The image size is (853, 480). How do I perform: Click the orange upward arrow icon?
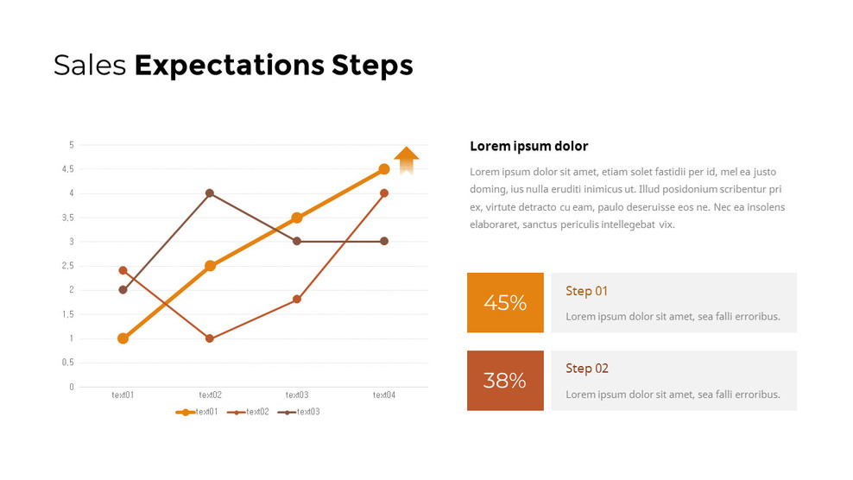pos(406,161)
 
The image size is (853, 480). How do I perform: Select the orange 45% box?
pos(505,303)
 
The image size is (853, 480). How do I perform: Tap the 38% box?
pos(505,381)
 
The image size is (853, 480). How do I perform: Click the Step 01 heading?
pos(586,291)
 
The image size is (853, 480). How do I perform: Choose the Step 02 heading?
pos(586,369)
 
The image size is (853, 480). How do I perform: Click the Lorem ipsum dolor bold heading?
pos(528,146)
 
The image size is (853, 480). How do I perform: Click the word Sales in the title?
pos(90,66)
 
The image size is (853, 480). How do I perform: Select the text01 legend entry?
pos(198,412)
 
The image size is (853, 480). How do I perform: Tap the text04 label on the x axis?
pos(384,395)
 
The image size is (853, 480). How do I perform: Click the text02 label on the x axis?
pos(210,395)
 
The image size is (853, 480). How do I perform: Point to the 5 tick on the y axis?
pos(72,145)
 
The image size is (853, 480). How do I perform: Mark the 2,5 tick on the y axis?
pos(68,266)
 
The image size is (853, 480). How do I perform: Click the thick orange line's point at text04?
pos(384,169)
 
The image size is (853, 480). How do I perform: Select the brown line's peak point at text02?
pos(210,193)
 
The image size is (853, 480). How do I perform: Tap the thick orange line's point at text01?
pos(123,338)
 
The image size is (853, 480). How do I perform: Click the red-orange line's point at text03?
pos(297,300)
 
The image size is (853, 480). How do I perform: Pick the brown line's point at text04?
pos(384,241)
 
